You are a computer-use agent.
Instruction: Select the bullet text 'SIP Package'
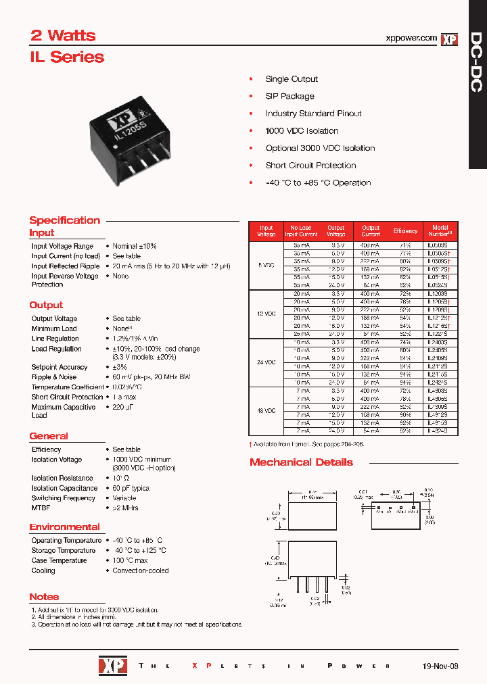click(289, 96)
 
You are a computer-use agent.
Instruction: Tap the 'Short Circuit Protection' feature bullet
click(310, 166)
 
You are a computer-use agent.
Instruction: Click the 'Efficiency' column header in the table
click(406, 231)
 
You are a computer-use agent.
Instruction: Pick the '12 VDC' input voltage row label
click(266, 314)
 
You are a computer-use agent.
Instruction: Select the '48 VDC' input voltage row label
click(266, 410)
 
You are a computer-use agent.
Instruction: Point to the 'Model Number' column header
click(440, 231)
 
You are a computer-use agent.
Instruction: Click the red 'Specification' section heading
click(64, 220)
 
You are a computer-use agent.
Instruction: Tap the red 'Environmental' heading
click(64, 527)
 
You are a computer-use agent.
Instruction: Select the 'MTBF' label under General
click(41, 508)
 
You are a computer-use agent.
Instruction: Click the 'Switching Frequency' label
click(63, 498)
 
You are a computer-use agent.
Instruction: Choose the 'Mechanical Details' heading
click(301, 462)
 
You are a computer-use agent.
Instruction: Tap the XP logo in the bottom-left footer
click(112, 666)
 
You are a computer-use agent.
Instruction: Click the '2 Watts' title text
click(64, 36)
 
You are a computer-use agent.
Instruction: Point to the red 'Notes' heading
click(44, 597)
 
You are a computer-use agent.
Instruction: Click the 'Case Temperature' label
click(59, 560)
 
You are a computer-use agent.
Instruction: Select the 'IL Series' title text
click(66, 57)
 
